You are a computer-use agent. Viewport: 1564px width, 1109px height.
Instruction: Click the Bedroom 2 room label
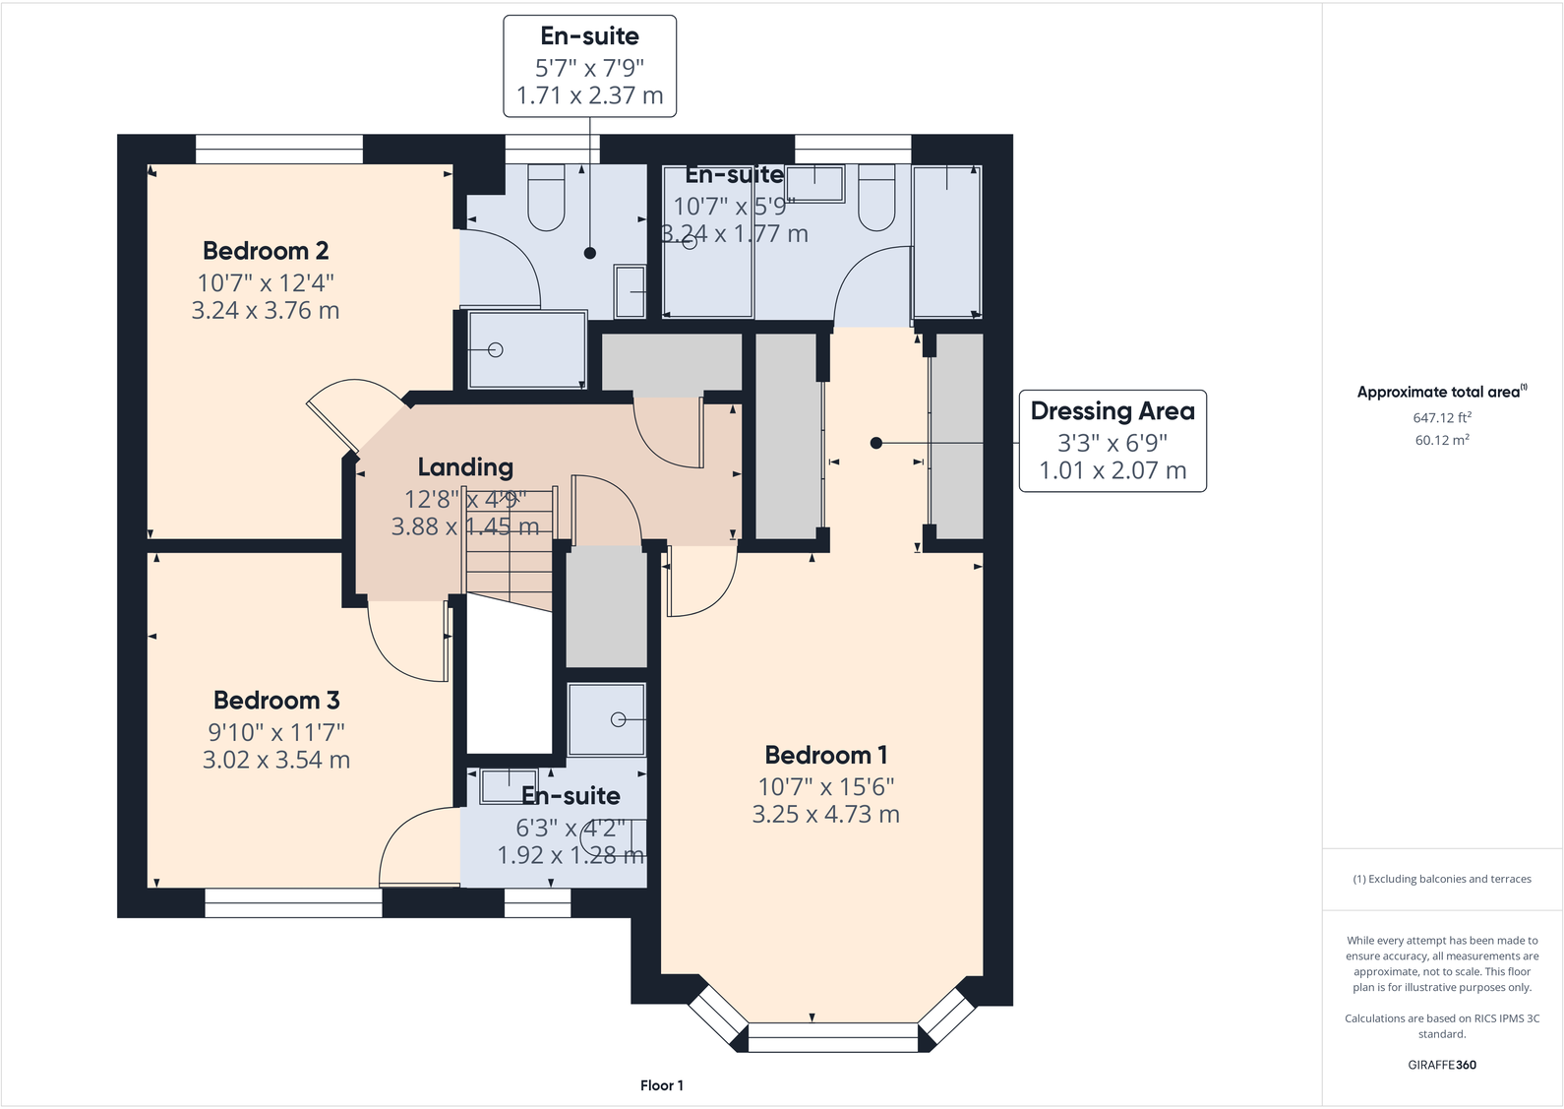pyautogui.click(x=266, y=251)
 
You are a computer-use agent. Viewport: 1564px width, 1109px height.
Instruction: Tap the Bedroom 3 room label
pyautogui.click(x=276, y=700)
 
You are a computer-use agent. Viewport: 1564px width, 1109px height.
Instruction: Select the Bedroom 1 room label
pyautogui.click(x=826, y=755)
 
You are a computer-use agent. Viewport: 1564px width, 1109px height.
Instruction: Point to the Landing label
pyautogui.click(x=465, y=467)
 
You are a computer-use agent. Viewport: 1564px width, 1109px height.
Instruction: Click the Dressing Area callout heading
pyautogui.click(x=1113, y=411)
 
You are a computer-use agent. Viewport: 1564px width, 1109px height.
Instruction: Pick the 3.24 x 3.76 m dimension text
pyautogui.click(x=266, y=310)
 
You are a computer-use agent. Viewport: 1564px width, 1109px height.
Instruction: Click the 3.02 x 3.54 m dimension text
pyautogui.click(x=276, y=759)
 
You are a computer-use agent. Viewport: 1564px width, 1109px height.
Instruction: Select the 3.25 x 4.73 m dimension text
pyautogui.click(x=826, y=815)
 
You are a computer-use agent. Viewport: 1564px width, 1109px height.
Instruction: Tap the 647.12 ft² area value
pyautogui.click(x=1442, y=417)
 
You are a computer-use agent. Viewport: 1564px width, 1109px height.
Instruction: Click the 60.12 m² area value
pyautogui.click(x=1442, y=440)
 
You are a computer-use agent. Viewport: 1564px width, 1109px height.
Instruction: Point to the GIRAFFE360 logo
pyautogui.click(x=1442, y=1065)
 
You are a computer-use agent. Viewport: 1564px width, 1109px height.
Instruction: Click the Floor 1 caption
pyautogui.click(x=662, y=1085)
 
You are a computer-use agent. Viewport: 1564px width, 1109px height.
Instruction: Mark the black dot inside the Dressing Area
pyautogui.click(x=876, y=443)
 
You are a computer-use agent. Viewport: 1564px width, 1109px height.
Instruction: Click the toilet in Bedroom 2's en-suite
pyautogui.click(x=546, y=198)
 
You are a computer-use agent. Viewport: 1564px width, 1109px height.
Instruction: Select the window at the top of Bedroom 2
pyautogui.click(x=279, y=149)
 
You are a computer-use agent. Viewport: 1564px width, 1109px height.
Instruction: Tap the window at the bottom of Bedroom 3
pyautogui.click(x=293, y=903)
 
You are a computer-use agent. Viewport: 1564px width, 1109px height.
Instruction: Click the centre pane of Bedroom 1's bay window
pyautogui.click(x=832, y=1038)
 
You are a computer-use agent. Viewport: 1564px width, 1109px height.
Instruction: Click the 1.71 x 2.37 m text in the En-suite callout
pyautogui.click(x=590, y=95)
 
